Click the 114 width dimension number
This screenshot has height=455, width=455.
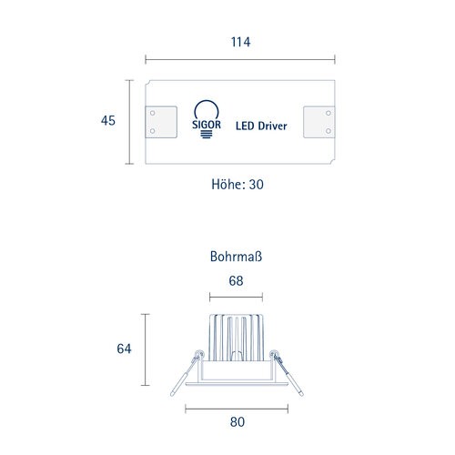pyautogui.click(x=240, y=42)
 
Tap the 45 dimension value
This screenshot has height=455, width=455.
pyautogui.click(x=108, y=120)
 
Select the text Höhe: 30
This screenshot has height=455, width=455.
pyautogui.click(x=238, y=184)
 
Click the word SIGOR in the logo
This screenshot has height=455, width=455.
pyautogui.click(x=207, y=125)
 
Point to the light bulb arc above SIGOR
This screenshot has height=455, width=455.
pyautogui.click(x=207, y=101)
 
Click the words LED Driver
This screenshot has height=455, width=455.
pyautogui.click(x=261, y=126)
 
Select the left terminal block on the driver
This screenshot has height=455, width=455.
pyautogui.click(x=161, y=122)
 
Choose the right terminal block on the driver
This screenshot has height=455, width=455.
pyautogui.click(x=319, y=122)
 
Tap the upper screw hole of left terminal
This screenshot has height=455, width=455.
pyautogui.click(x=153, y=113)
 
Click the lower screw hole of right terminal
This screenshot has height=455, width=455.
pyautogui.click(x=329, y=131)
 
